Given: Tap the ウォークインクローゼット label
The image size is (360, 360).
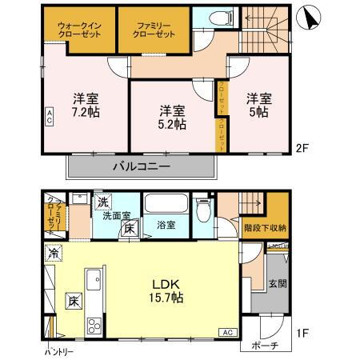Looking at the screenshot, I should point(78,30).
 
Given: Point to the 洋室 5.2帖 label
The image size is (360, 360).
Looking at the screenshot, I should point(171,117).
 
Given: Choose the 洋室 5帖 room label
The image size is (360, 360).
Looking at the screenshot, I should point(259,104).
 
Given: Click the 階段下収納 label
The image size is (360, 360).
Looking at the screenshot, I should point(265,228).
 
